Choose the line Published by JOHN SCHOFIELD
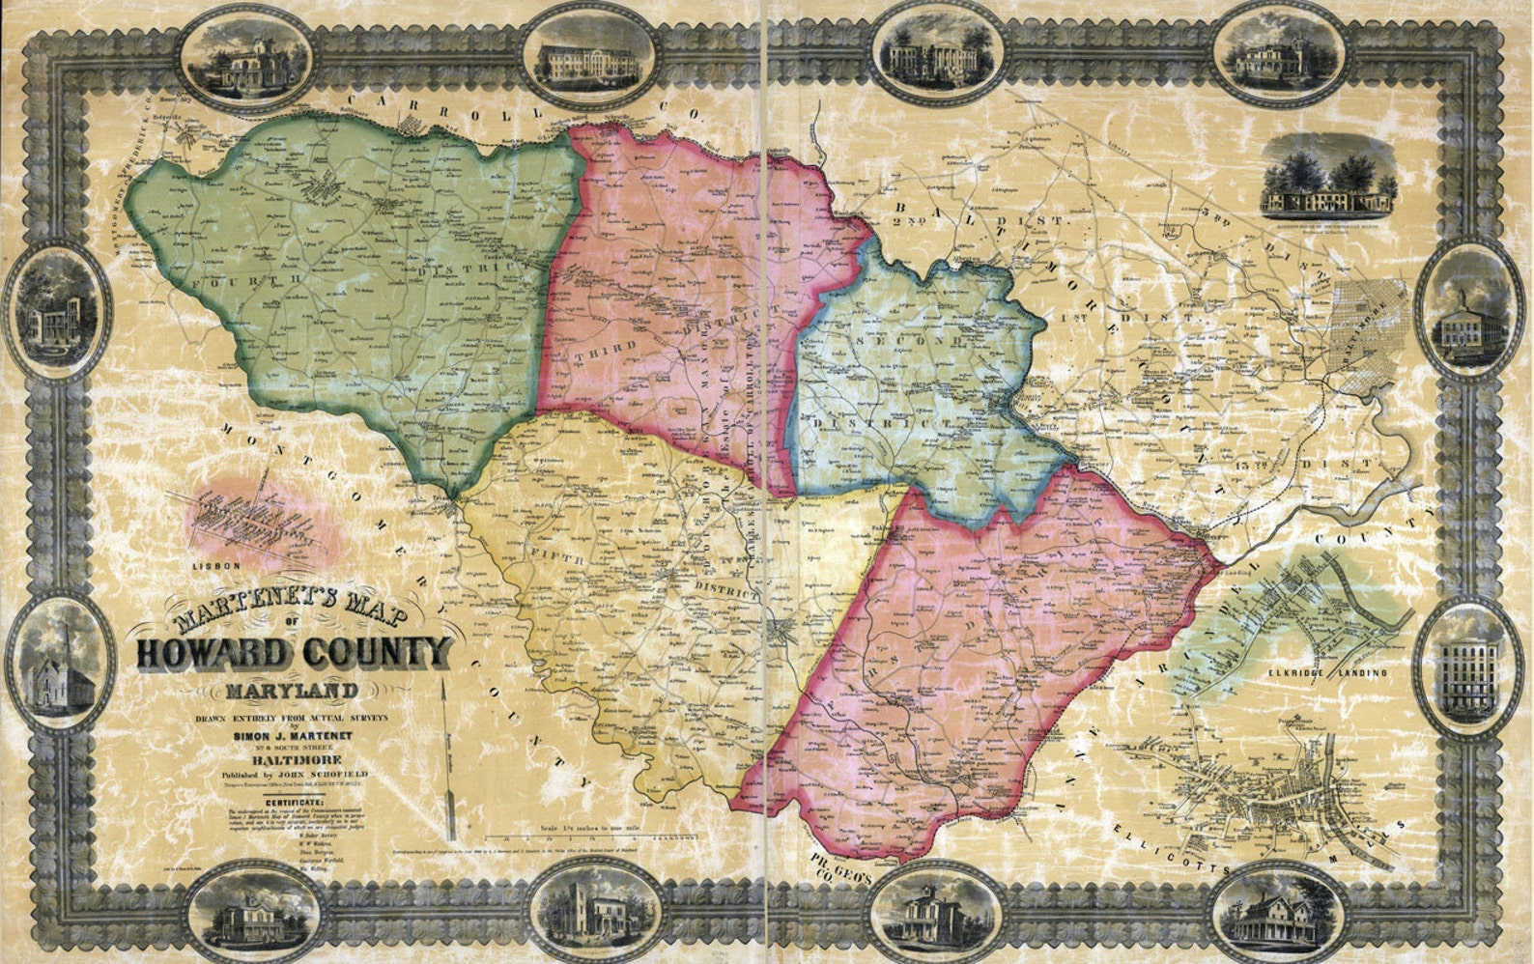click(290, 774)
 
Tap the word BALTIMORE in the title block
click(291, 760)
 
